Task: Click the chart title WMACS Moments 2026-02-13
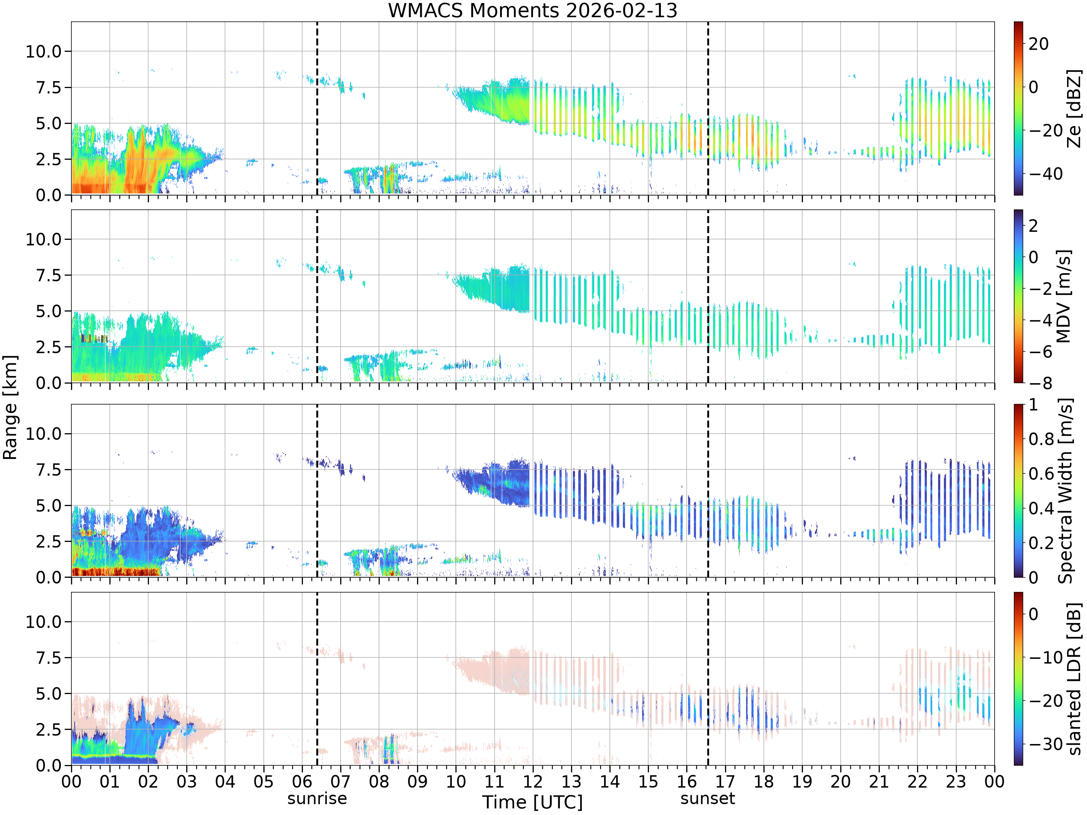[x=533, y=10]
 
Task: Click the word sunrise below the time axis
[x=317, y=798]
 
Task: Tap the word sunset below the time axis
[x=708, y=798]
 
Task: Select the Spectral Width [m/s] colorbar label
[x=1065, y=491]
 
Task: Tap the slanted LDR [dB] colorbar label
[x=1075, y=679]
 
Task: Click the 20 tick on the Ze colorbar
[x=1039, y=44]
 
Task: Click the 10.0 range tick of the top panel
[x=44, y=51]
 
